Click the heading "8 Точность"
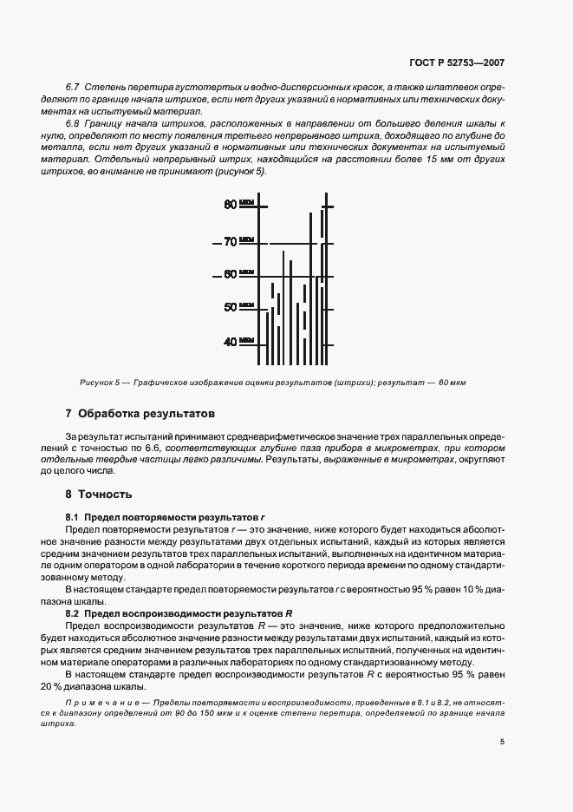coord(99,494)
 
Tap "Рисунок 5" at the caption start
coord(98,383)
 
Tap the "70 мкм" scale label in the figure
coord(238,241)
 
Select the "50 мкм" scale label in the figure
coord(238,307)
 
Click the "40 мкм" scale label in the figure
coord(238,341)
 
